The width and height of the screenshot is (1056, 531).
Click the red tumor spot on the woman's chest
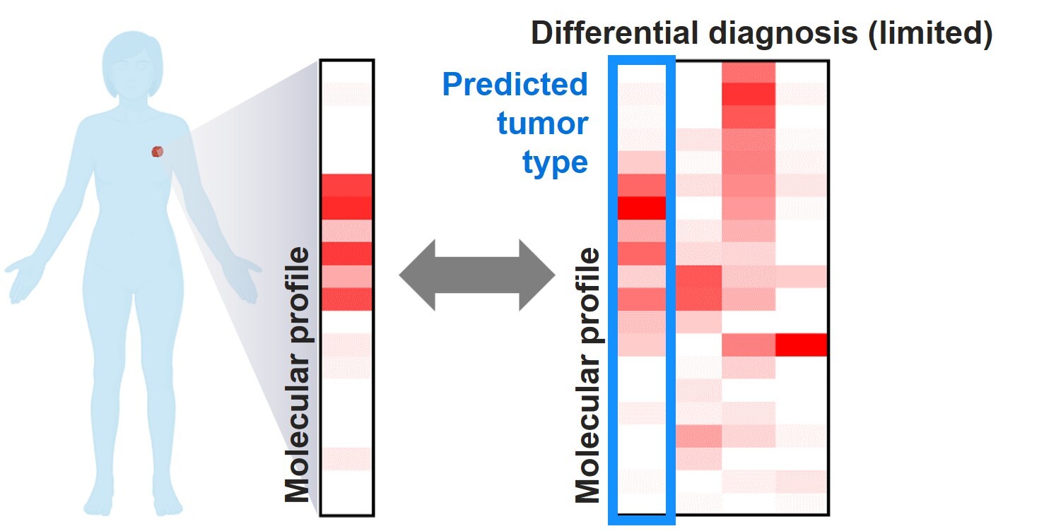click(x=158, y=151)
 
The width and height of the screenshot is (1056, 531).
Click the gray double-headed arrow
click(x=477, y=275)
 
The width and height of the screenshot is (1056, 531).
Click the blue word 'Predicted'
click(x=515, y=85)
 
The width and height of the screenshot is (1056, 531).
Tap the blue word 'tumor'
click(x=542, y=124)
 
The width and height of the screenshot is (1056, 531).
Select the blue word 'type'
click(x=555, y=163)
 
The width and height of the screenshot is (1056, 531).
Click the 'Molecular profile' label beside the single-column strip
click(x=298, y=375)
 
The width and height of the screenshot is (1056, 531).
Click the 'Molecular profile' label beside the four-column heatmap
click(x=587, y=375)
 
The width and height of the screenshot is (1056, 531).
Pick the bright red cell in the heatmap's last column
click(x=801, y=345)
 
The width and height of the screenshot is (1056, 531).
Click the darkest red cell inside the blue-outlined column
click(x=642, y=208)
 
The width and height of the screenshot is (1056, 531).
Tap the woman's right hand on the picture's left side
click(x=23, y=279)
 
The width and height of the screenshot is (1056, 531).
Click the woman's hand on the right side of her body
click(x=244, y=279)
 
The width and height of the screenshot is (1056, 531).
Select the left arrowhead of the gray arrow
click(x=417, y=275)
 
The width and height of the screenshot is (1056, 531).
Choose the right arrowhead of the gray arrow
click(x=537, y=275)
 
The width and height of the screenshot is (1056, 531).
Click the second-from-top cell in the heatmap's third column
click(x=749, y=94)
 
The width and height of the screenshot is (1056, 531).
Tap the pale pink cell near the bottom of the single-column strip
click(x=346, y=458)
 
